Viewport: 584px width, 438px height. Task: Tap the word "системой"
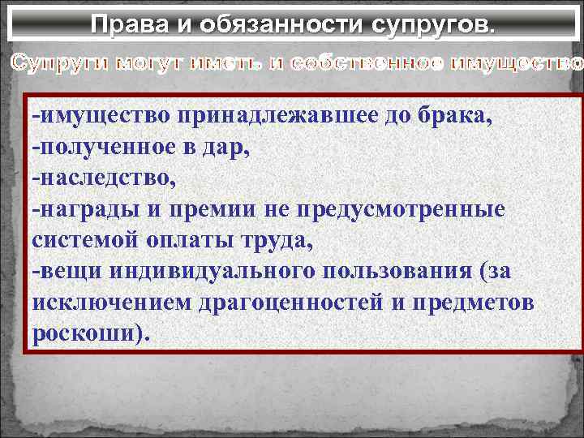click(79, 239)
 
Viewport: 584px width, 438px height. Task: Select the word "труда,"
click(264, 239)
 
